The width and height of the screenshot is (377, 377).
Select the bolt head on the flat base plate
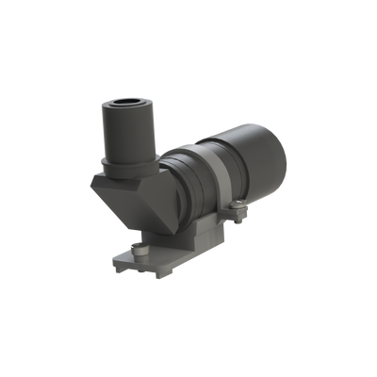(x=140, y=248)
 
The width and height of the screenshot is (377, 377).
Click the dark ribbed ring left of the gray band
(x=193, y=184)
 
